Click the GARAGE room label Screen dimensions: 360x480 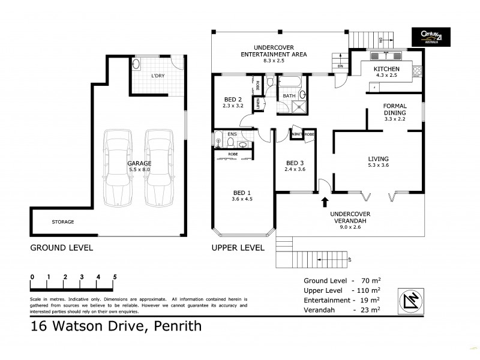(139, 163)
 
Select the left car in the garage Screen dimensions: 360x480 (117, 166)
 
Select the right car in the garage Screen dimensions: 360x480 (158, 166)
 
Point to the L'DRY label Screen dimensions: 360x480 (158, 77)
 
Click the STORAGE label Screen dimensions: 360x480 (62, 222)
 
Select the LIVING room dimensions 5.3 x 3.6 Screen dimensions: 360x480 (379, 166)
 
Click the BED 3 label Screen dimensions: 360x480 (295, 163)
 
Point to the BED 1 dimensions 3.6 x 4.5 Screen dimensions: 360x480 (243, 200)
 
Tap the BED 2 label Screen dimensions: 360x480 (233, 99)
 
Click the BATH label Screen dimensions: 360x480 (289, 96)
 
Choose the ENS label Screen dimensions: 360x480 (232, 134)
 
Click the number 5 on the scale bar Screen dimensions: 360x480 (115, 277)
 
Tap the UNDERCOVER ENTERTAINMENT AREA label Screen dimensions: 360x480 (280, 50)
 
